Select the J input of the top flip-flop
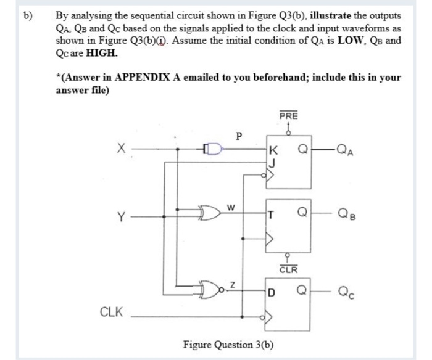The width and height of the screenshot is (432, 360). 272,162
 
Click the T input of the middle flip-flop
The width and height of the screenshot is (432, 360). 272,215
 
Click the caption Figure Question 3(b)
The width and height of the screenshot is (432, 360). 229,343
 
